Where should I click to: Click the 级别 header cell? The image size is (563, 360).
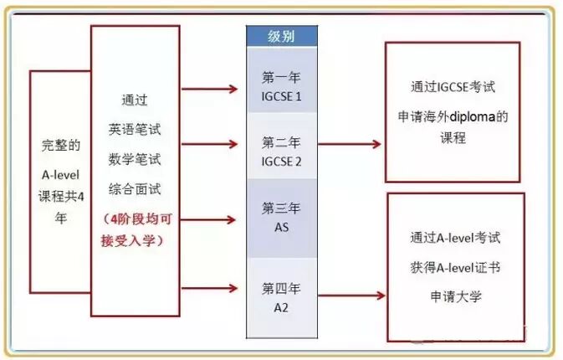click(281, 37)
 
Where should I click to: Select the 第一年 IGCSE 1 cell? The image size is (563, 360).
click(281, 86)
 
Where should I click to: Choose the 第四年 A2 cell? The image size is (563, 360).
click(281, 297)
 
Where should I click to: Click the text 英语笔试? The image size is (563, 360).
click(134, 130)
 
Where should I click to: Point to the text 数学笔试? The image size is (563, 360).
click(134, 158)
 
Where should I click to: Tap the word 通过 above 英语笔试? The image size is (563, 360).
click(134, 101)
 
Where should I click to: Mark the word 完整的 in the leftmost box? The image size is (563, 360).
click(60, 145)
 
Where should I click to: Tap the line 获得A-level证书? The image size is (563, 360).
click(455, 267)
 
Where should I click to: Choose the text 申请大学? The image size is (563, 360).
click(455, 297)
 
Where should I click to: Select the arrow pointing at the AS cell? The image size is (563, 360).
click(212, 220)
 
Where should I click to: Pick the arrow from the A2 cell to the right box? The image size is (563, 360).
click(351, 296)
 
